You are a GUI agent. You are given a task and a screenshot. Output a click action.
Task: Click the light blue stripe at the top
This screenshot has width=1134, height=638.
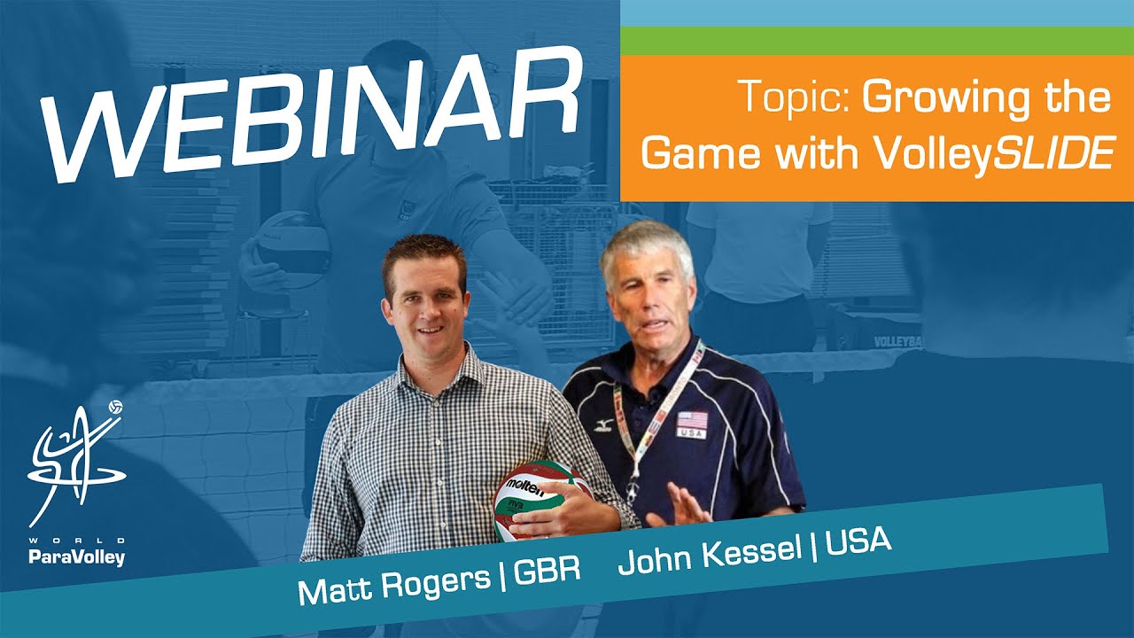[x=877, y=12]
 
